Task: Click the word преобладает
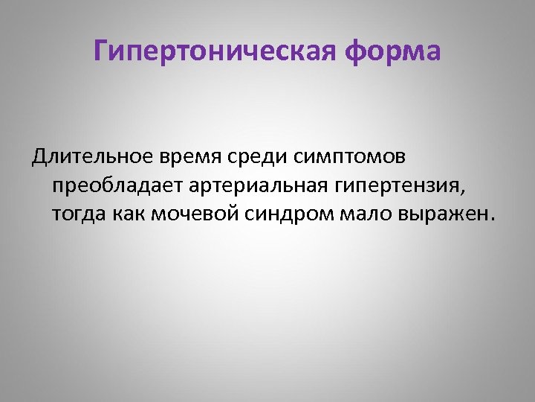(114, 186)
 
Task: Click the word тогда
(77, 214)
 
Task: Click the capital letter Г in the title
(103, 52)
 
